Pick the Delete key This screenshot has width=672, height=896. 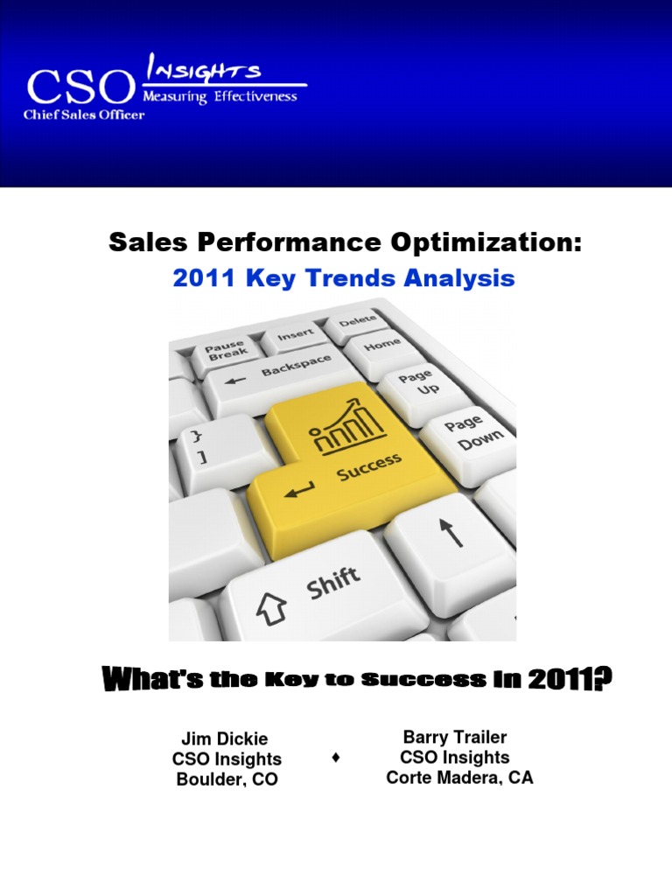pyautogui.click(x=357, y=321)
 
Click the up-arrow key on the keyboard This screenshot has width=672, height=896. pyautogui.click(x=448, y=535)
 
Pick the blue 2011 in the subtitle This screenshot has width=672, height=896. pyautogui.click(x=201, y=278)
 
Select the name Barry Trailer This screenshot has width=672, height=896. pyautogui.click(x=454, y=738)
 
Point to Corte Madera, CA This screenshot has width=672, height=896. pyautogui.click(x=459, y=778)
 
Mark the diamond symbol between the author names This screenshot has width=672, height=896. pyautogui.click(x=336, y=759)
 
